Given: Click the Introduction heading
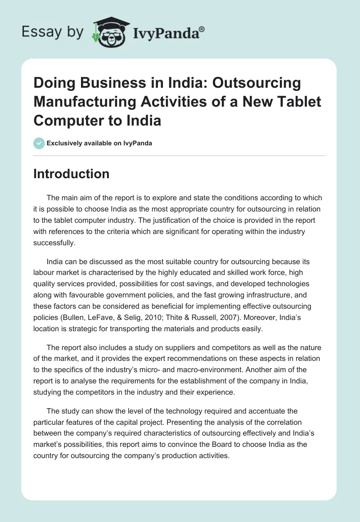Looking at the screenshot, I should click(71, 174).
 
